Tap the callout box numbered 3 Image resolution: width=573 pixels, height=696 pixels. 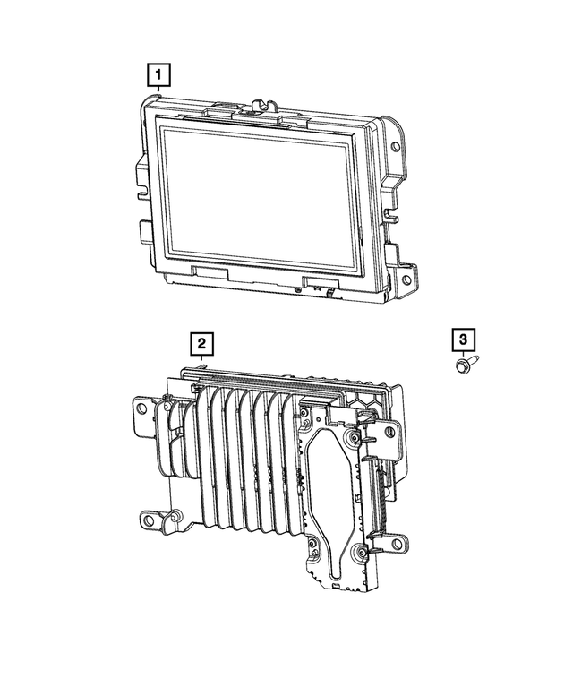pyautogui.click(x=462, y=340)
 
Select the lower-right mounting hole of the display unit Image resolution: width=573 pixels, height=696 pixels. pyautogui.click(x=407, y=279)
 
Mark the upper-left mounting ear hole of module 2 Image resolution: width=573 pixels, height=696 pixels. pyautogui.click(x=141, y=408)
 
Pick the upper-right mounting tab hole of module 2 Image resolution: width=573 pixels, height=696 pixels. pyautogui.click(x=391, y=433)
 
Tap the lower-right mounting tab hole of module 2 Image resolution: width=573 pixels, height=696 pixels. pyautogui.click(x=395, y=543)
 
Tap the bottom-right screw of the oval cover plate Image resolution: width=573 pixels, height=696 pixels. pyautogui.click(x=358, y=552)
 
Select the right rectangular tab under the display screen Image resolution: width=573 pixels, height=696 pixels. pyautogui.click(x=320, y=282)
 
